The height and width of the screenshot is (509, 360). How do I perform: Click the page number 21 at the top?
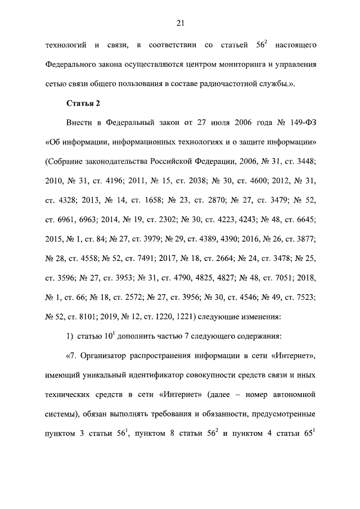point(180,22)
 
